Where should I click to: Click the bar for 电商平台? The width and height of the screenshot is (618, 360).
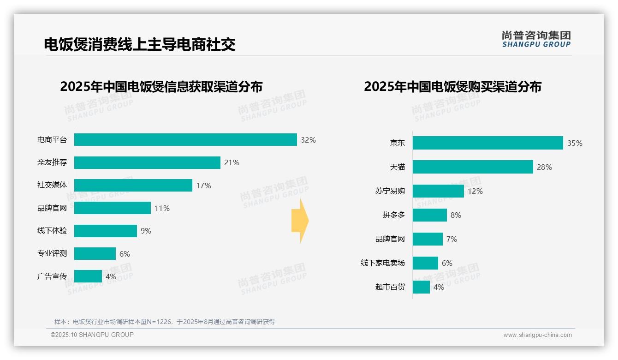click(185, 140)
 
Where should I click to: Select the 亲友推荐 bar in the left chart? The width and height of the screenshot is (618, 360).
click(147, 162)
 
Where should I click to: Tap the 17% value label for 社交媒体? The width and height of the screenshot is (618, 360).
click(203, 186)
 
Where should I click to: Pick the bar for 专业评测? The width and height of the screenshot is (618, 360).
click(95, 254)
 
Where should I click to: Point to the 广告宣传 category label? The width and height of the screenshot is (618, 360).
click(52, 276)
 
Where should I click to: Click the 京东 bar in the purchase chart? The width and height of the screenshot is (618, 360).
click(487, 143)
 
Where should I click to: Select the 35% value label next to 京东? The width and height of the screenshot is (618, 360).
click(575, 143)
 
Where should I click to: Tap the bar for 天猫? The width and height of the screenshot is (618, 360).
click(473, 167)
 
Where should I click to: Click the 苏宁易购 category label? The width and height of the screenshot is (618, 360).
click(390, 191)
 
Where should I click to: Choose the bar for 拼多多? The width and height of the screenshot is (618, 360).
click(430, 215)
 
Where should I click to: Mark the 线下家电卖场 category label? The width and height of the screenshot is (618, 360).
click(382, 263)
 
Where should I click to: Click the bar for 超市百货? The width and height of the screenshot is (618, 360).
click(421, 287)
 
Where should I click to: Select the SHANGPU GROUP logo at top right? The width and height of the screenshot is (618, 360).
click(536, 39)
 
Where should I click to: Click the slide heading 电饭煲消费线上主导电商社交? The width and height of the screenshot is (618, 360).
click(140, 44)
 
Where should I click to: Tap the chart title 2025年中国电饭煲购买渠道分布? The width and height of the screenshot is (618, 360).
click(452, 87)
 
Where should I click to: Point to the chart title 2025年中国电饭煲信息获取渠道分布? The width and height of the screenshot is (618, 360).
click(161, 87)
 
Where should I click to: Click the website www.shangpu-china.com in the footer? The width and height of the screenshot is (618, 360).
click(537, 335)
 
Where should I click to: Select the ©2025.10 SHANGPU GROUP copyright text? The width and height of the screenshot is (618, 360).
click(92, 335)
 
